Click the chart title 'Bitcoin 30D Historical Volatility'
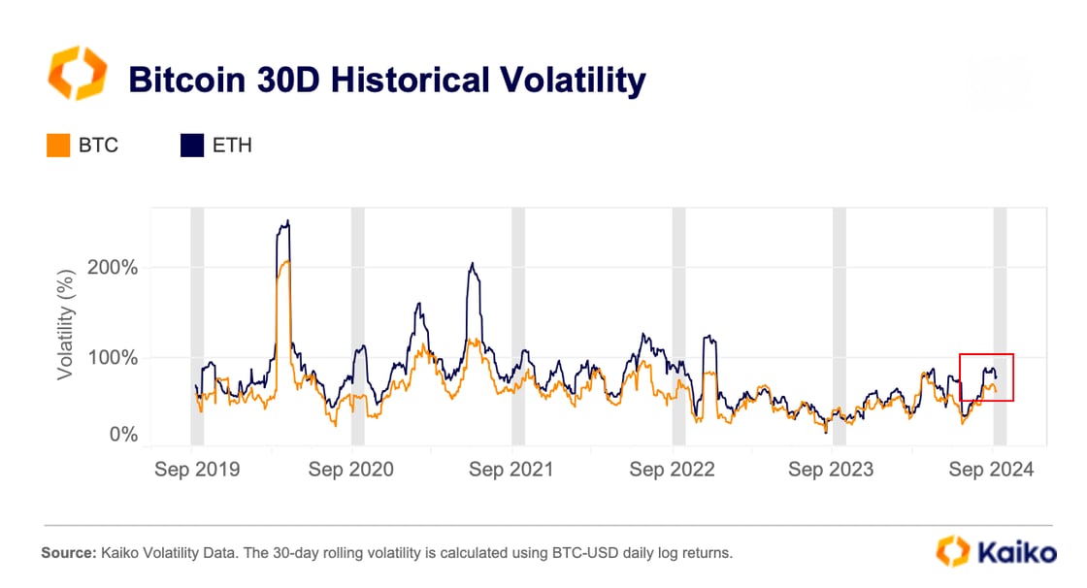point(386,80)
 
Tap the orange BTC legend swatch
point(58,146)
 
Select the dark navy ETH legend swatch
point(193,146)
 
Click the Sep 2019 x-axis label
point(197,470)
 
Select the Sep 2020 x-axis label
point(350,470)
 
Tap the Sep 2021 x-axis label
point(511,470)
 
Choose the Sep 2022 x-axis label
point(672,470)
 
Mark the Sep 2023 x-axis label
point(831,470)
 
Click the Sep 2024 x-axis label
point(991,470)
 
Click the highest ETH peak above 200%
point(287,221)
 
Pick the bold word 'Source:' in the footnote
point(68,553)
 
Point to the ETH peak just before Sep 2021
point(472,263)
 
